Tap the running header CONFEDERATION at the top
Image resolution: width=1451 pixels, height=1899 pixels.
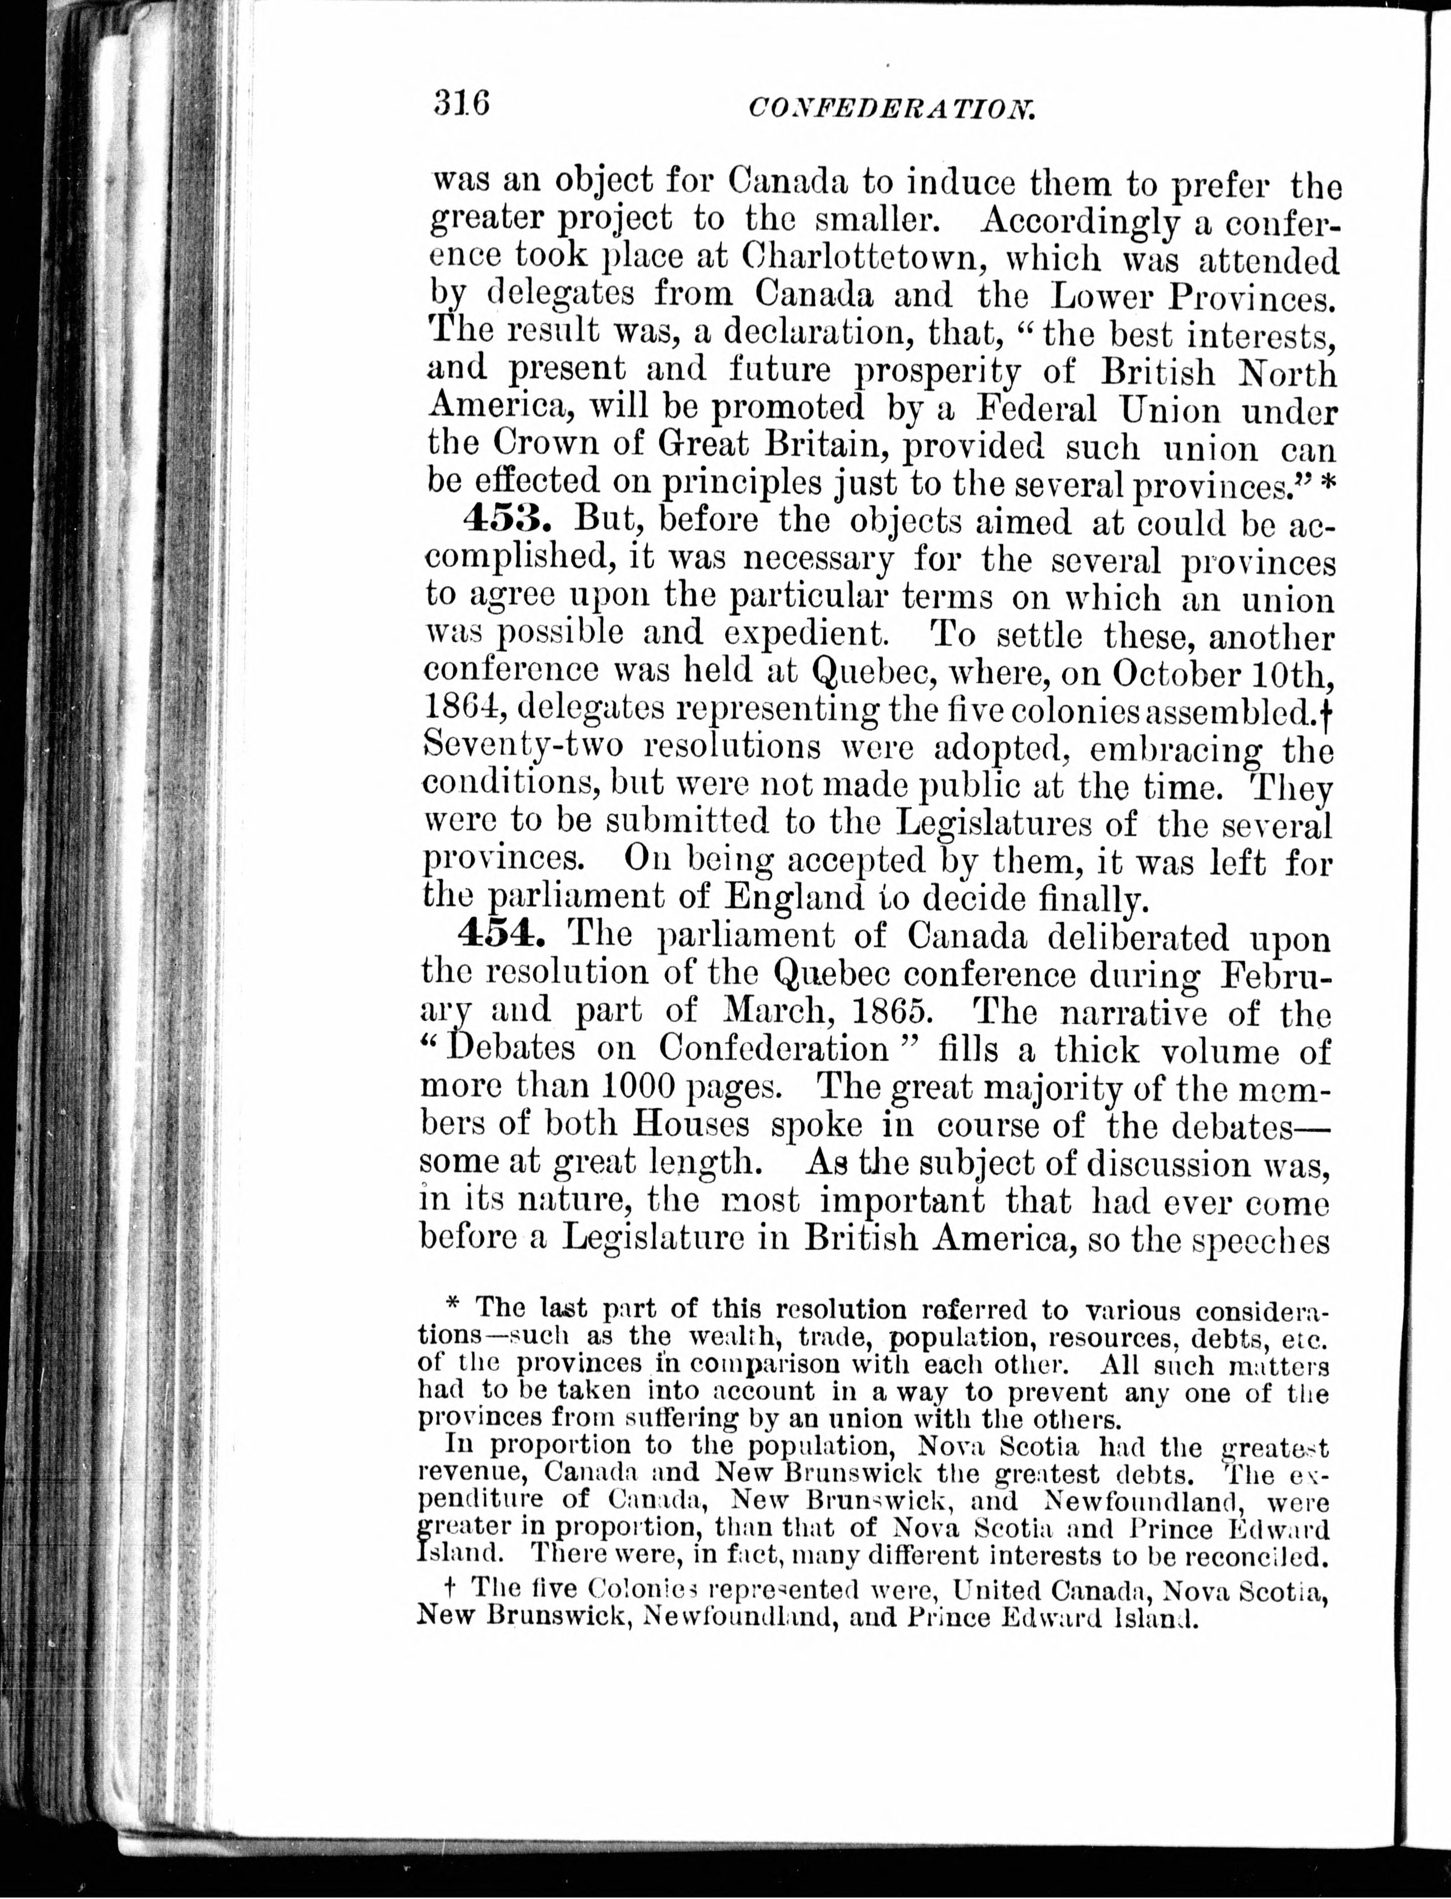890,110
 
